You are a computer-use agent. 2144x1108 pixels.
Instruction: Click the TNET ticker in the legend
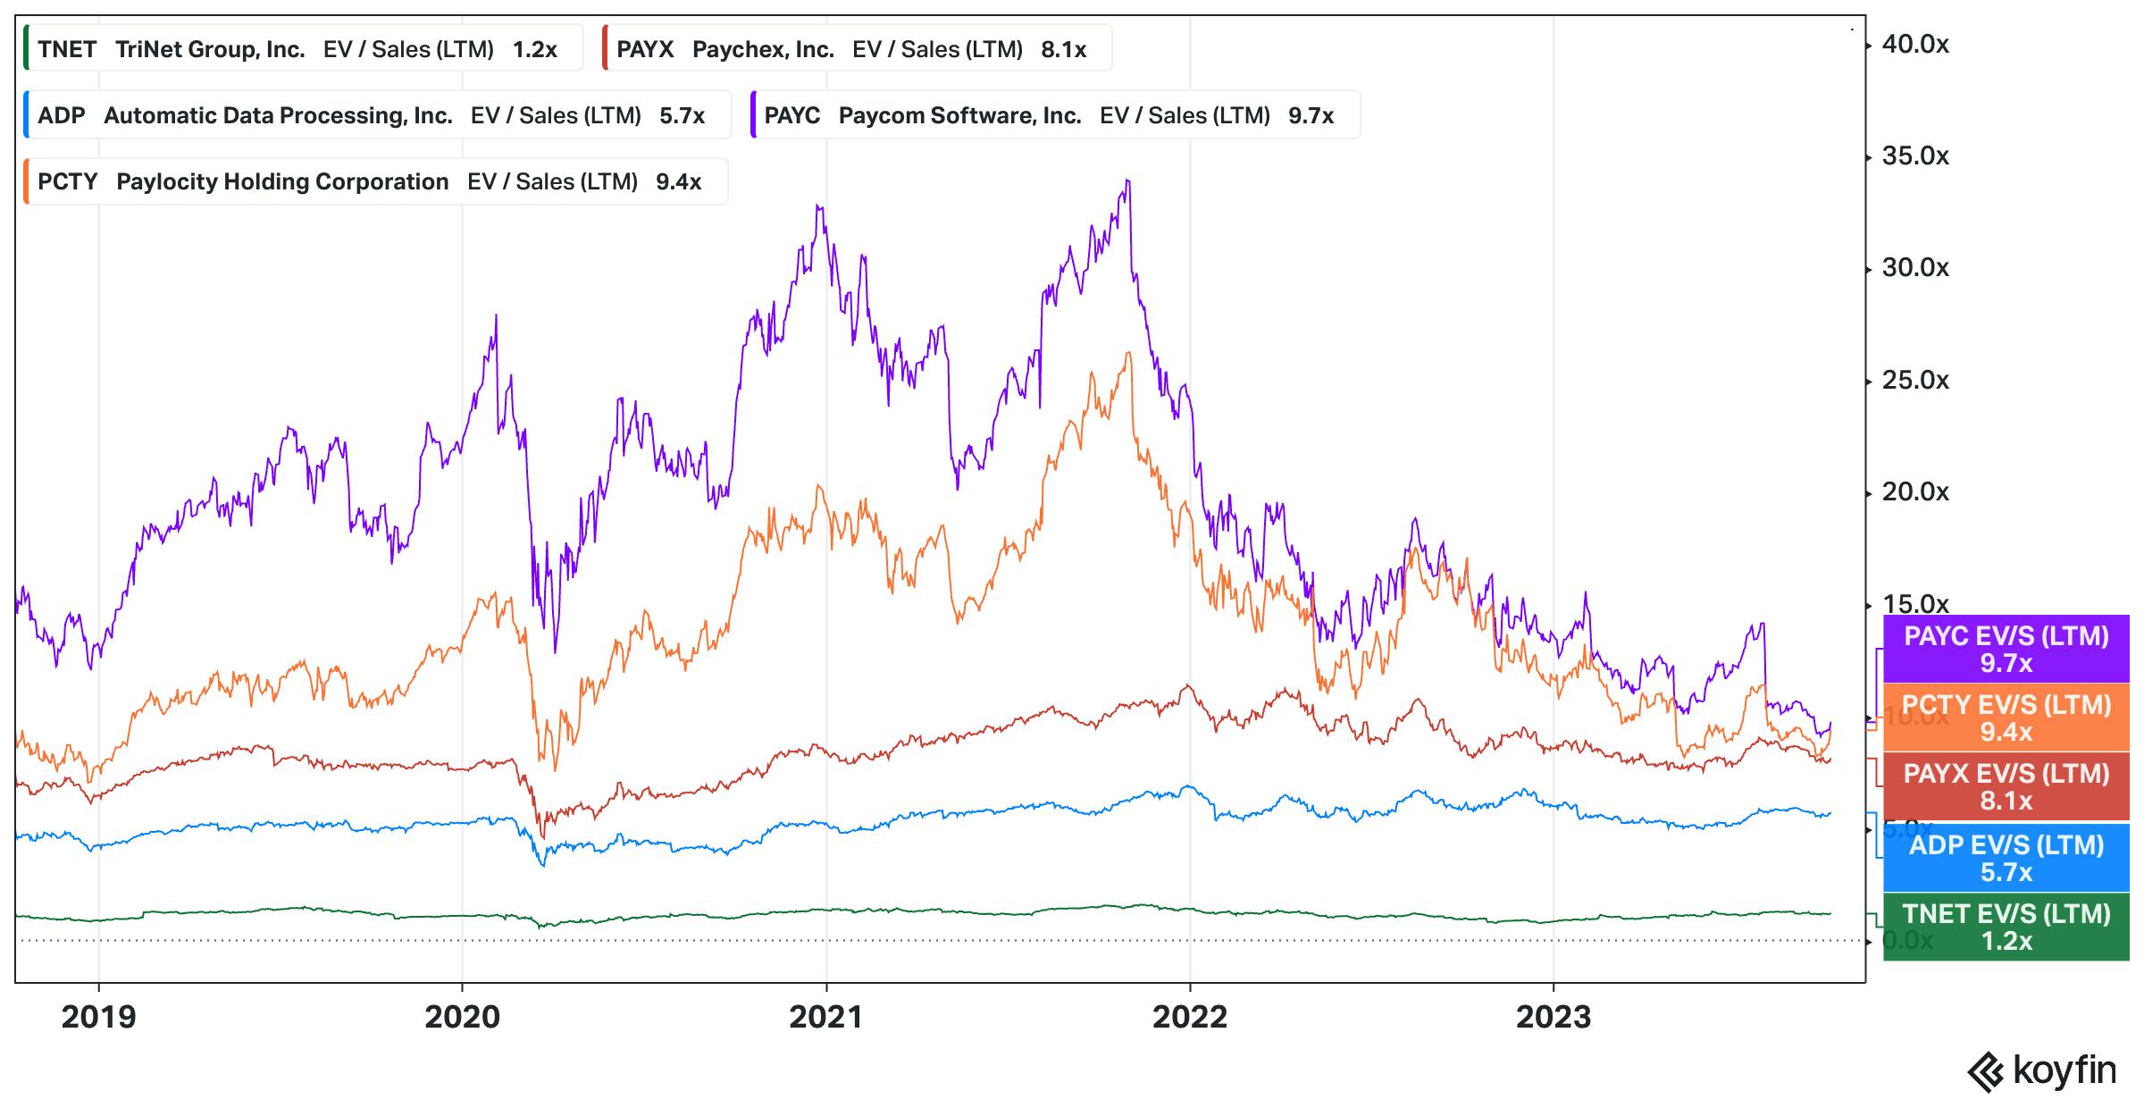click(67, 49)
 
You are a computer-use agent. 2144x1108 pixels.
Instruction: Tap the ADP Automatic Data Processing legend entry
click(375, 115)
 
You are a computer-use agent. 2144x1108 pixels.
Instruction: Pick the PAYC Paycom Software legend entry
click(1054, 115)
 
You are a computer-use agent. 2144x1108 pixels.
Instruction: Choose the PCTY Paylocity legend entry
click(375, 181)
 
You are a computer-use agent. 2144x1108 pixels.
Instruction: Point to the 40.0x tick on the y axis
click(1915, 45)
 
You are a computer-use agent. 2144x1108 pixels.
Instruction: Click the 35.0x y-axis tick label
click(1915, 156)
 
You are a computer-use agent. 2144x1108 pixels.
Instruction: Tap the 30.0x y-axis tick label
click(1915, 268)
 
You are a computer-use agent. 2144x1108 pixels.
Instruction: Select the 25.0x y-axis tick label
click(1915, 381)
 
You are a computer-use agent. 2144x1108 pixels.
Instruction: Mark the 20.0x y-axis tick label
click(1915, 492)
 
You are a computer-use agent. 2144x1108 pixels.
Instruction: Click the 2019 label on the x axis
click(98, 1017)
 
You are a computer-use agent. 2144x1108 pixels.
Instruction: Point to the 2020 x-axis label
click(462, 1017)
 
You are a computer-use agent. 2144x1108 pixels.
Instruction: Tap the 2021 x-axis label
click(825, 1017)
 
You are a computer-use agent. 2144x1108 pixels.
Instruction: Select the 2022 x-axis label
click(1190, 1017)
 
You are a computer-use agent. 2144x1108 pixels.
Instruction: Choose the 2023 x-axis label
click(1554, 1017)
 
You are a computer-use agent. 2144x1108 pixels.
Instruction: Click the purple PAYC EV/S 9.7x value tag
click(2006, 649)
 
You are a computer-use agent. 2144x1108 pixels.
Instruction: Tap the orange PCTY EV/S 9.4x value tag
click(2006, 718)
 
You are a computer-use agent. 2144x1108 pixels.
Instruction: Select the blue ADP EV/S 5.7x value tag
click(2006, 858)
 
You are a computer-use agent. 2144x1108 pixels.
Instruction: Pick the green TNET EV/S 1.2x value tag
click(2006, 927)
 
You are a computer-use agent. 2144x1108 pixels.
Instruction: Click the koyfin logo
click(2042, 1071)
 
